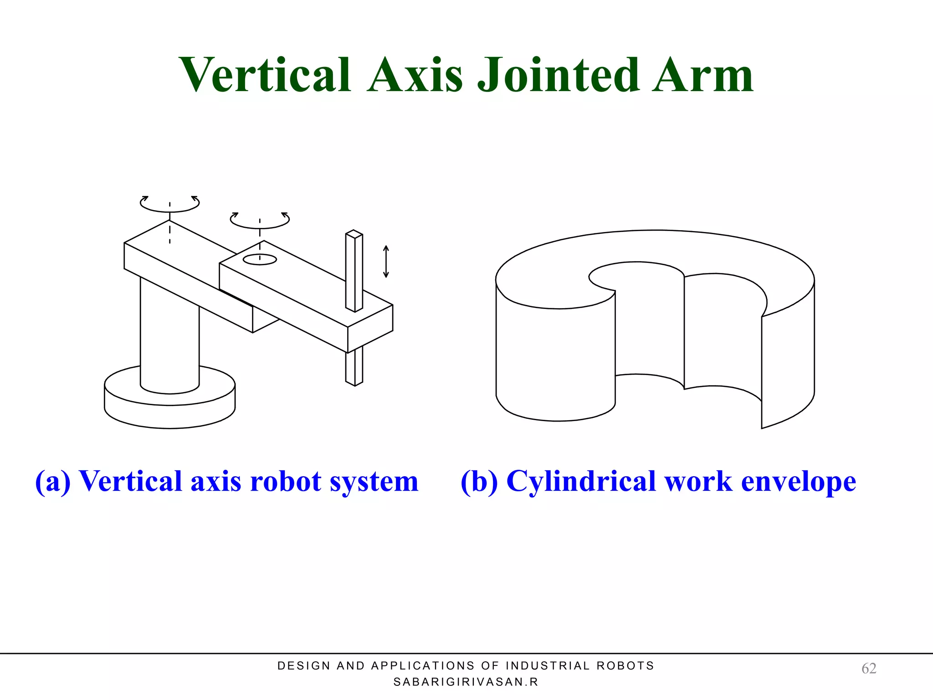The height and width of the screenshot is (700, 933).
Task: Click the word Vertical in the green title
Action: click(265, 75)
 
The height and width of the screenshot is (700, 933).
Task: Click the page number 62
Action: click(868, 668)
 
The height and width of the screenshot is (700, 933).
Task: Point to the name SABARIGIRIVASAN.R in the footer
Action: click(466, 682)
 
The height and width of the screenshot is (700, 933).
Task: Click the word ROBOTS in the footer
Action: click(625, 666)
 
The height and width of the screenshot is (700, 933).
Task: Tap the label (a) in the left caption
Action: click(53, 481)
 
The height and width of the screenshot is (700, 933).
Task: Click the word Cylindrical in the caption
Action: click(581, 481)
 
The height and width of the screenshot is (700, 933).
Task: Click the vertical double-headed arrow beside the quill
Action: click(386, 262)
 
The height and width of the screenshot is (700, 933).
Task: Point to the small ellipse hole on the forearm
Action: click(260, 259)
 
